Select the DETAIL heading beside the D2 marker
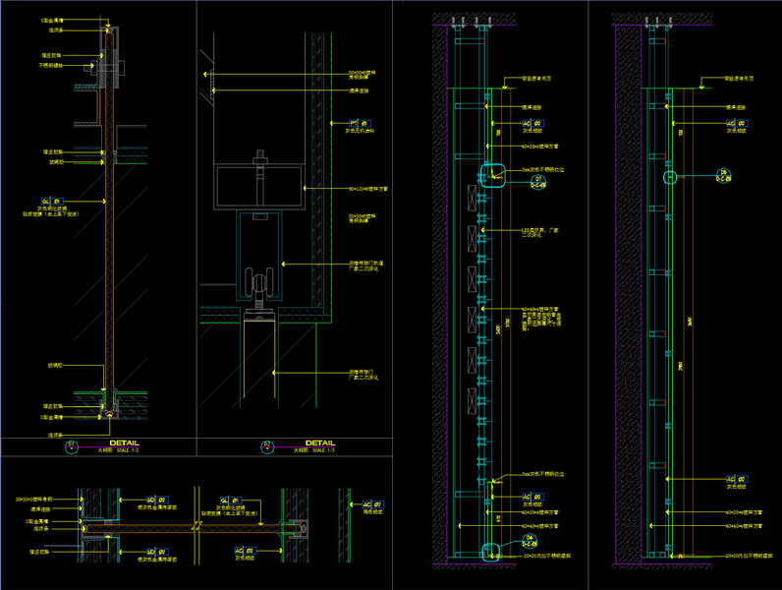tap(320, 442)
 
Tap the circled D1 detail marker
tap(71, 446)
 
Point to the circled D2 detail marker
tap(267, 446)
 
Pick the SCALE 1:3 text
tap(322, 450)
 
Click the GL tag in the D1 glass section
tap(45, 200)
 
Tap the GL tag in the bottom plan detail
tap(224, 500)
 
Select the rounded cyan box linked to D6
tap(489, 552)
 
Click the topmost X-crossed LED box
tap(475, 198)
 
